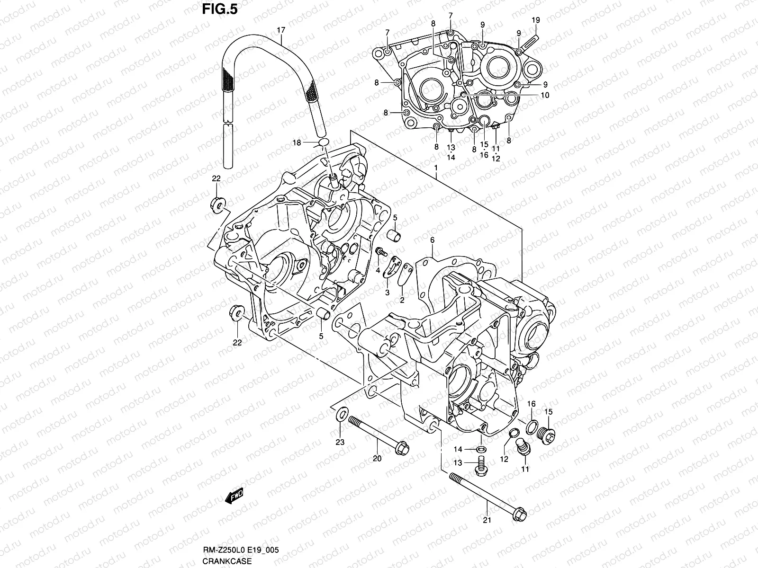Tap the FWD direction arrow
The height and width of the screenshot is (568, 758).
coord(234,496)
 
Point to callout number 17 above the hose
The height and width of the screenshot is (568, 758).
coord(281,30)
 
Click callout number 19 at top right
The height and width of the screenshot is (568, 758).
coord(535,20)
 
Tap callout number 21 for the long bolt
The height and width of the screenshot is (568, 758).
coord(487,520)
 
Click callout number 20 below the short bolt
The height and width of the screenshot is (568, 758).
coord(377,458)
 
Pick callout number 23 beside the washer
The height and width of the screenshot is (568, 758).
coord(340,443)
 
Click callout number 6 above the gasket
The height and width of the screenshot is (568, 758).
coord(432,240)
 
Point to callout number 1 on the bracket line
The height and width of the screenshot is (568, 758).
coord(435,169)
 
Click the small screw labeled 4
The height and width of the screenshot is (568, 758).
coord(379,251)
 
